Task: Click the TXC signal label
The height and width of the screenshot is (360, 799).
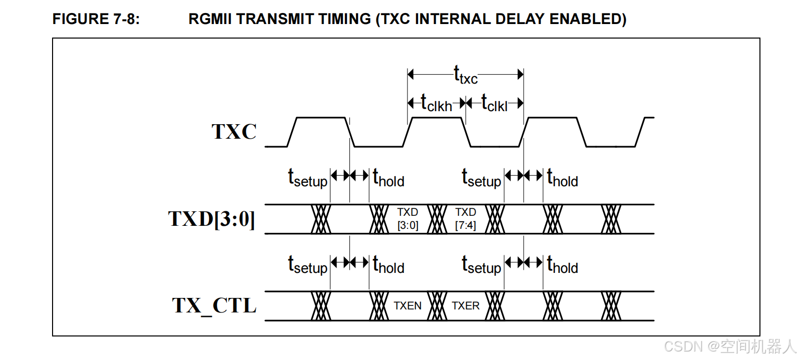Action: (x=234, y=131)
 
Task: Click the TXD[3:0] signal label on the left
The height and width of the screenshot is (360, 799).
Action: (x=212, y=219)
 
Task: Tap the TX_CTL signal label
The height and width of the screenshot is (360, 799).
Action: (x=214, y=306)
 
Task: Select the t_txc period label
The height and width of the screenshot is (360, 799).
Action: (x=466, y=75)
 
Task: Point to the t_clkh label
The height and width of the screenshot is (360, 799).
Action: (x=436, y=103)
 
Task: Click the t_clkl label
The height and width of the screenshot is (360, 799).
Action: (x=495, y=103)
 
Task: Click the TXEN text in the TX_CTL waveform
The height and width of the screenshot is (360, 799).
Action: (x=408, y=306)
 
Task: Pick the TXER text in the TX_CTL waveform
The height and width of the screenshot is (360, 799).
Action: (x=466, y=306)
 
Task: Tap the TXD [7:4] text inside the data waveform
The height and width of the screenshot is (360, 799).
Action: (x=466, y=219)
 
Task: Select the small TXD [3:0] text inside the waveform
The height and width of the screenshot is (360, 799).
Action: (x=408, y=219)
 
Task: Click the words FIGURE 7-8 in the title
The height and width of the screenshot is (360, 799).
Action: (x=96, y=19)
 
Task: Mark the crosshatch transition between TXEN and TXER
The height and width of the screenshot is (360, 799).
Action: (x=437, y=306)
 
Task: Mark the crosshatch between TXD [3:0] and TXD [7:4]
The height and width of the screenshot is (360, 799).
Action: (x=437, y=219)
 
